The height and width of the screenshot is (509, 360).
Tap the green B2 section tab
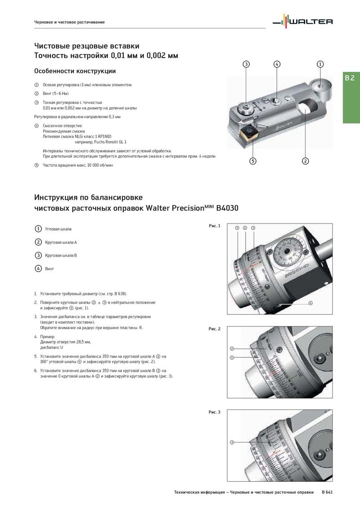(x=350, y=78)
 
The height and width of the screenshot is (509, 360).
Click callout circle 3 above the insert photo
(x=246, y=64)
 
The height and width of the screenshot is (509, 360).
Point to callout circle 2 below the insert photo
(x=305, y=161)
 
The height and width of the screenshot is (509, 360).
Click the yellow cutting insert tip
(x=248, y=133)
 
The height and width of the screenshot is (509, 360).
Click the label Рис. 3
(x=215, y=412)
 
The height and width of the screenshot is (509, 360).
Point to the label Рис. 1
(x=215, y=226)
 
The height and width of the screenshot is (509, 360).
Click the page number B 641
(x=327, y=492)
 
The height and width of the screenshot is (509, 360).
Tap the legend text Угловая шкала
(x=58, y=229)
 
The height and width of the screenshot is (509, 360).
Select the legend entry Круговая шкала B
(x=61, y=255)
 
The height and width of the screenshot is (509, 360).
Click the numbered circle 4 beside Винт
(x=38, y=268)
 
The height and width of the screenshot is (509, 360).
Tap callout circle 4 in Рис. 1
(x=310, y=303)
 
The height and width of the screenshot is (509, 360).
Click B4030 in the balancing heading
(x=227, y=209)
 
